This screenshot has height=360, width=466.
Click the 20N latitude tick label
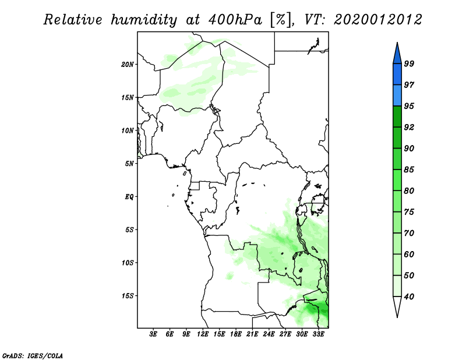128,64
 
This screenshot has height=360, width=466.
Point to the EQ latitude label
129,196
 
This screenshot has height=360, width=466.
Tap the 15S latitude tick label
128,296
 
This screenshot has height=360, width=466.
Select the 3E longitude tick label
153,334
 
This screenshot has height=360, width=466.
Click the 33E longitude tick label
318,334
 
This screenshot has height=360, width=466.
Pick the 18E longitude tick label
236,334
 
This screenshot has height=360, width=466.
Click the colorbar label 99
409,63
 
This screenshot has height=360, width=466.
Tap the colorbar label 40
409,297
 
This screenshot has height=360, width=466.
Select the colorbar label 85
409,170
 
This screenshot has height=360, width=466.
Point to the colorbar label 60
409,254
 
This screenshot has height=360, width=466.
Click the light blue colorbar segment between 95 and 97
397,96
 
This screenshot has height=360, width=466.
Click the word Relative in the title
73,20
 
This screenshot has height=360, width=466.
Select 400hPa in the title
236,20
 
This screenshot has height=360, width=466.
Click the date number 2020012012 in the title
378,20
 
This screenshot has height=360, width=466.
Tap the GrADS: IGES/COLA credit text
33,355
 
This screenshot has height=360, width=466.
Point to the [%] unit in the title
281,20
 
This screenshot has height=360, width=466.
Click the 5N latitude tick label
129,164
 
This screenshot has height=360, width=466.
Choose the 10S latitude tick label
128,263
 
